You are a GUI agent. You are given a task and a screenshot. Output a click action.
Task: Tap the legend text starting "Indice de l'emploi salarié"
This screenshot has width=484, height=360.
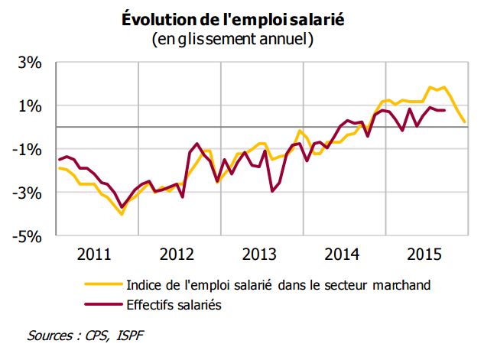pos(280,285)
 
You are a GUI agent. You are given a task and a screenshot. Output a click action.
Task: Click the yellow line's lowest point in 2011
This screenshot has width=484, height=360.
pos(122,214)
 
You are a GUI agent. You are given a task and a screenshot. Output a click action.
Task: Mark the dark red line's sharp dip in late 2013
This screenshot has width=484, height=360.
pos(273,190)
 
